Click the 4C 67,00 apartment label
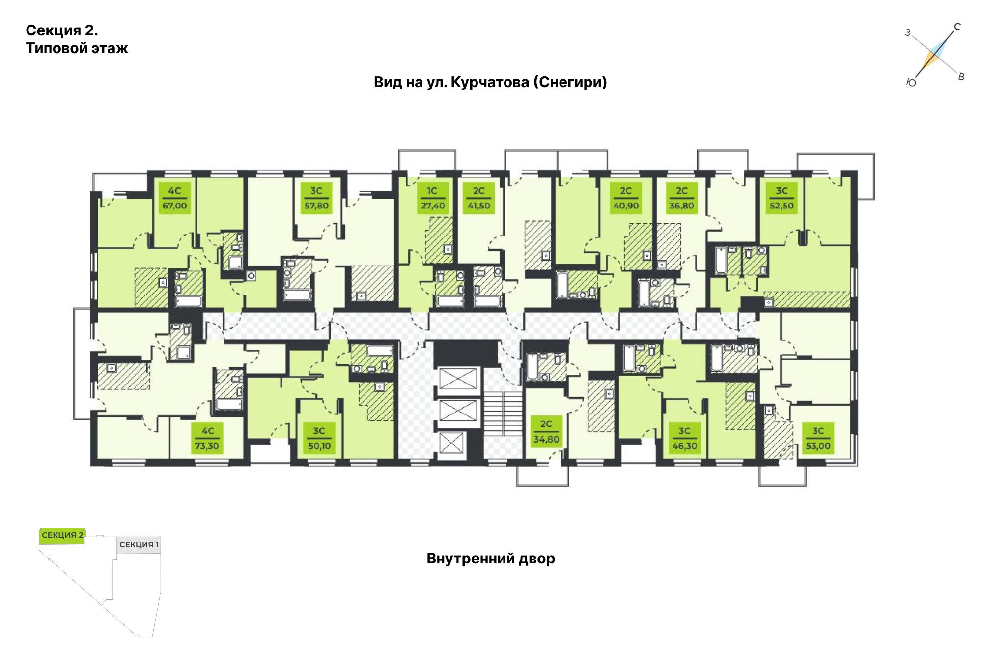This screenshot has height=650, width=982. coord(174,198)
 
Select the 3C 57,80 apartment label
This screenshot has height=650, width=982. coord(316,198)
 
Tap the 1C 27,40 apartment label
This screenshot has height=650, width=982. coord(432,198)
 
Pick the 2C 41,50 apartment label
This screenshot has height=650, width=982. coord(478,198)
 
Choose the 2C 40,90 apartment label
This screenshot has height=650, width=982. coord(626,198)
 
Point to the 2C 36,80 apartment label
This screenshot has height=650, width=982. coord(681,198)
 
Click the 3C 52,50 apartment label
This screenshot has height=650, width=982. coord(781,198)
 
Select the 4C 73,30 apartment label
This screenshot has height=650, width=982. coord(207,439)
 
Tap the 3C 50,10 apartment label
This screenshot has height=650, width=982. coord(319,439)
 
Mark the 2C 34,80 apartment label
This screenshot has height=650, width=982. coord(546,432)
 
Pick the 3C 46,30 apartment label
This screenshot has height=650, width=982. coord(684,439)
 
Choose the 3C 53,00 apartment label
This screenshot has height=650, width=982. coord(817,439)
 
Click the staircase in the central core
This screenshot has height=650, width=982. coord(503,414)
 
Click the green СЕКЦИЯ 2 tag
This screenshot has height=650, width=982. coord(62,535)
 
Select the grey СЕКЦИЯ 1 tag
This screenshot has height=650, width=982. coord(139,545)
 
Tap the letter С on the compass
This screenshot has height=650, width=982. coord(957,27)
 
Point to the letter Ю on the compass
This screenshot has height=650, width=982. coord(911,83)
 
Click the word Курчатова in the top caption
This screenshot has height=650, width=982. coord(489,82)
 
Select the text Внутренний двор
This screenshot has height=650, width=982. coord(491,559)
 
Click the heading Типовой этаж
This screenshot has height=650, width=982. coord(77,48)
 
